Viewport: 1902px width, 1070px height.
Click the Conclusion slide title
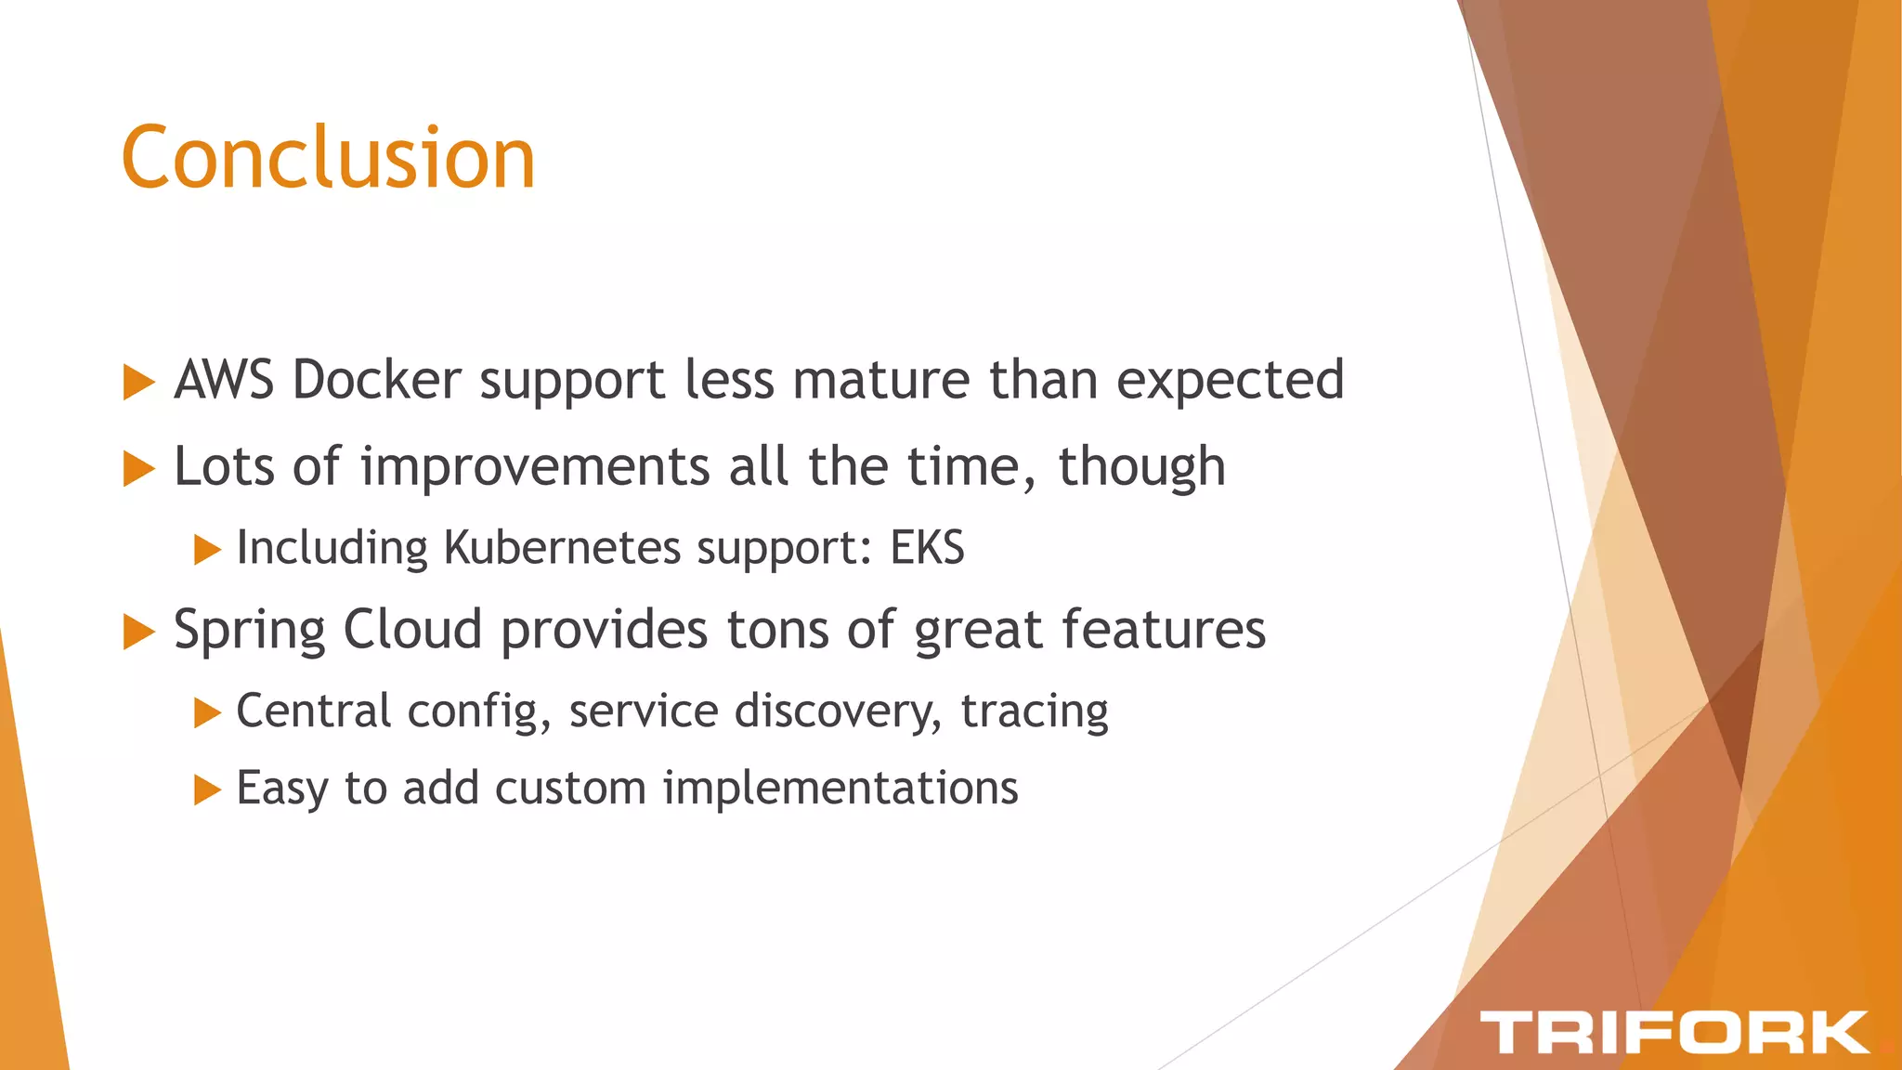(x=328, y=158)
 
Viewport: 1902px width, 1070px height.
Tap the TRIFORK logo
(x=1674, y=1033)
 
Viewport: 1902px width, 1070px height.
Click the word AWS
(x=224, y=380)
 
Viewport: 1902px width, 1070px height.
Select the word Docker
(x=376, y=380)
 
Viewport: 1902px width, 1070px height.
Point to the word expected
(x=1230, y=382)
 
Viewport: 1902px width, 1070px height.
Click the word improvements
(x=535, y=466)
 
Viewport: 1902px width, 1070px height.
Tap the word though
(x=1141, y=468)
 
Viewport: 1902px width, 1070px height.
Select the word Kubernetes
(x=563, y=547)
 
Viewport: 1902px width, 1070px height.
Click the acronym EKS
(x=927, y=547)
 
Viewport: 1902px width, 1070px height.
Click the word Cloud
(x=412, y=630)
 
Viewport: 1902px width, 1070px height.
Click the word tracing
(x=1034, y=712)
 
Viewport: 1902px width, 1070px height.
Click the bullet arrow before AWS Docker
(x=138, y=383)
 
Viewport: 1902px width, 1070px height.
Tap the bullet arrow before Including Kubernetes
(x=206, y=550)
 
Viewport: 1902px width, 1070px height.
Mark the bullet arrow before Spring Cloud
(x=138, y=633)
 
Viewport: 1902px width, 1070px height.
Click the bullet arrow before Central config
(x=206, y=713)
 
